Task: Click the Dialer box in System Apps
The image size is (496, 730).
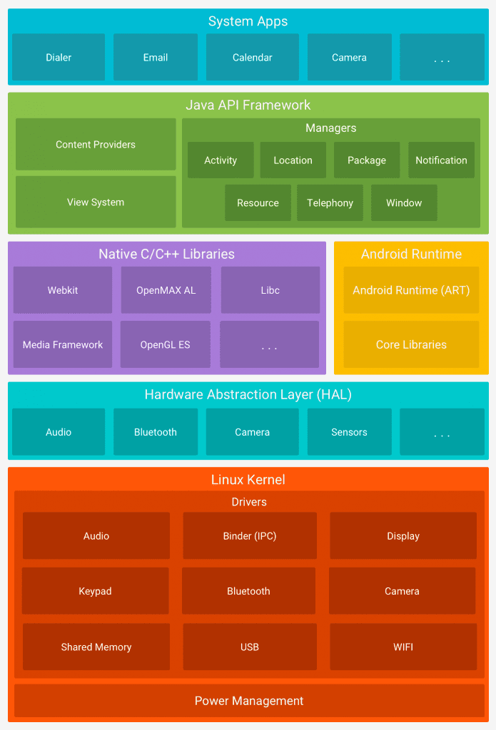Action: (x=59, y=57)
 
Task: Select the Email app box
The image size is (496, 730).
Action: (x=156, y=57)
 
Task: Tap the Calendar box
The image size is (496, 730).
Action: (x=253, y=57)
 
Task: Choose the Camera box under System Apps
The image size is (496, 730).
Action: (x=349, y=57)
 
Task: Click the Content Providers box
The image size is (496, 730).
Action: (x=96, y=144)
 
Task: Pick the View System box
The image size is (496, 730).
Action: (x=96, y=202)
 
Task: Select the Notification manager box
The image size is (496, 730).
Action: (x=441, y=160)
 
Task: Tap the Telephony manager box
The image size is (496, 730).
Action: (x=330, y=202)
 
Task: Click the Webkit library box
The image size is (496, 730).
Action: (x=63, y=290)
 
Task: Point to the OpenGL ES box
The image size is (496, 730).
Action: (x=166, y=344)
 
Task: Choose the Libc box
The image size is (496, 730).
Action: (x=270, y=290)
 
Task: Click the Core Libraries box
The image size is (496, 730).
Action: (x=411, y=344)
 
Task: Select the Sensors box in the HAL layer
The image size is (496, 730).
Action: (x=349, y=432)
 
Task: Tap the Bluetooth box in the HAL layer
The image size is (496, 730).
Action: (x=156, y=432)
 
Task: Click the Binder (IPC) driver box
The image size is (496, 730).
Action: (x=250, y=535)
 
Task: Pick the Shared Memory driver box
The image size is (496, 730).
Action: (x=96, y=647)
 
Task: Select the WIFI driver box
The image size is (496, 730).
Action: (x=403, y=647)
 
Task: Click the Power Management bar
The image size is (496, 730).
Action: (x=249, y=701)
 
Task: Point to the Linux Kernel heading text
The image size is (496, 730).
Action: (x=248, y=480)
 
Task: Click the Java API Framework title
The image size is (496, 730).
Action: (x=248, y=105)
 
